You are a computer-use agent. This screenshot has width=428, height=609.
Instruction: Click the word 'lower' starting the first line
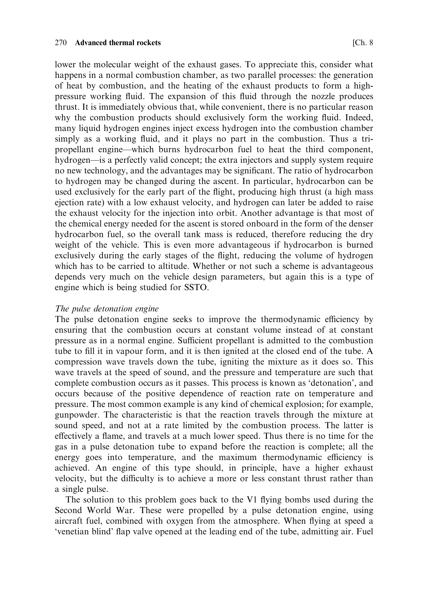65,65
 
